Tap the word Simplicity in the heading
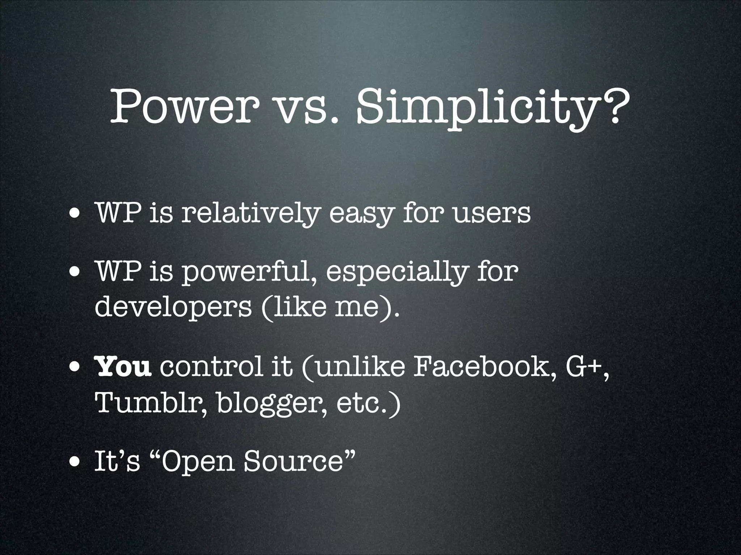pos(474,107)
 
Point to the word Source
pos(293,462)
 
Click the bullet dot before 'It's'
pos(75,464)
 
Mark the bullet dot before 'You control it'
pos(75,369)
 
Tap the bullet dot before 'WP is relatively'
pos(75,215)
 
